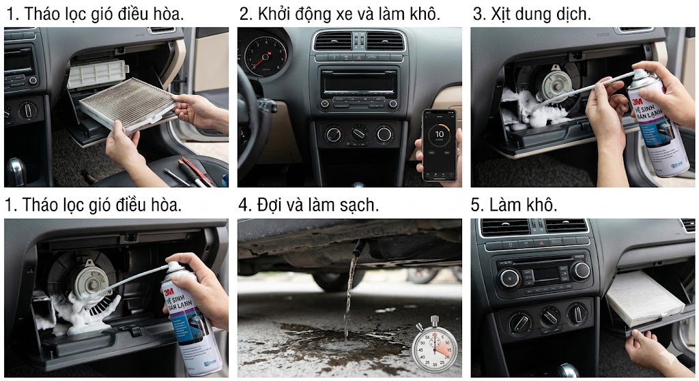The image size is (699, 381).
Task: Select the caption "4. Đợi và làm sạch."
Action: pyautogui.click(x=309, y=204)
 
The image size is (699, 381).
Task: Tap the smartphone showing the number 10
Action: pyautogui.click(x=439, y=144)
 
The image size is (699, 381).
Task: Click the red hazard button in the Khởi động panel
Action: pyautogui.click(x=357, y=59)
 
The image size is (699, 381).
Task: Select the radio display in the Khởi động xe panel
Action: pyautogui.click(x=358, y=84)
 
